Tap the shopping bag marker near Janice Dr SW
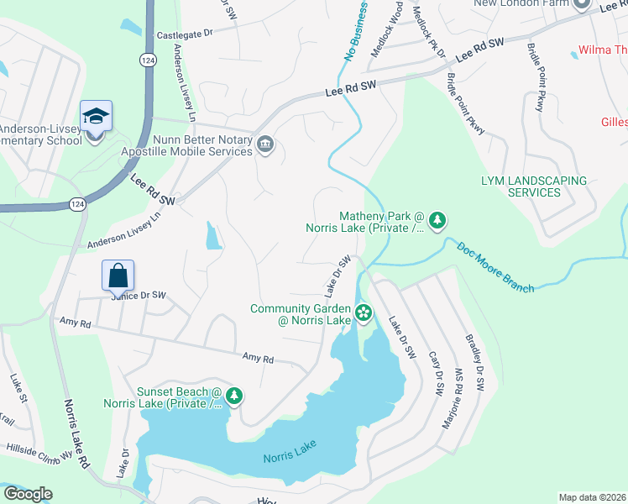[118, 275]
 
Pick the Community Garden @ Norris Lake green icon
[363, 314]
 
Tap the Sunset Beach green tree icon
[235, 395]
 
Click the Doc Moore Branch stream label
[495, 267]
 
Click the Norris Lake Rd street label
[76, 432]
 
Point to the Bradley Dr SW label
[475, 363]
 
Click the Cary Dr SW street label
[434, 374]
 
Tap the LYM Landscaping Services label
[533, 186]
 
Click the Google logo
[28, 494]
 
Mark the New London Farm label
[521, 3]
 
